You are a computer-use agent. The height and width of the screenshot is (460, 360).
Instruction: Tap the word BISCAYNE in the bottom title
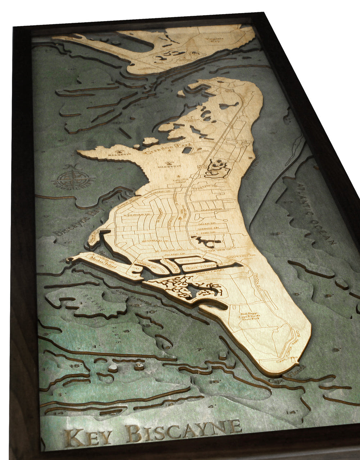(x=184, y=433)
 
